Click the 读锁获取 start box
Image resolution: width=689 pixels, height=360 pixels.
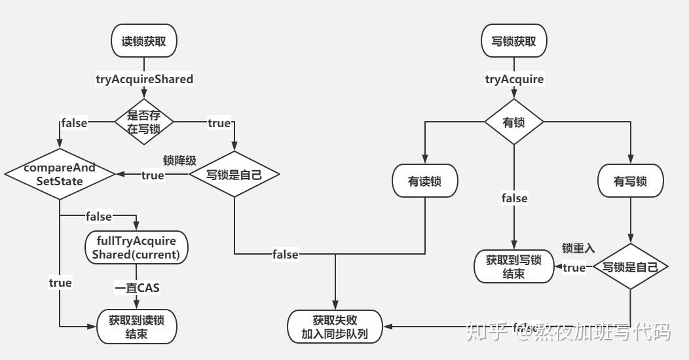click(x=143, y=41)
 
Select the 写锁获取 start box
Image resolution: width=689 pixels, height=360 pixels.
click(x=513, y=41)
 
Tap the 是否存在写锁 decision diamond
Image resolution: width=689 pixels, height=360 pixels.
click(x=143, y=122)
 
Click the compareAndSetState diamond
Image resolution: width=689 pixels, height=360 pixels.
click(x=60, y=174)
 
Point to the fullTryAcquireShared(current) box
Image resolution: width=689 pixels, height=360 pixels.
click(x=136, y=247)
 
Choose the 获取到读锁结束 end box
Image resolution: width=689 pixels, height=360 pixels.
click(x=136, y=327)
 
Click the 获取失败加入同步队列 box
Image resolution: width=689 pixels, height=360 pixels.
click(x=335, y=327)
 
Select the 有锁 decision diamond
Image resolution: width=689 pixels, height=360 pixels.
click(x=513, y=122)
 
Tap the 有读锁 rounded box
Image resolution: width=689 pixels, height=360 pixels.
click(x=424, y=181)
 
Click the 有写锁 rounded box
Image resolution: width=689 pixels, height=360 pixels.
click(x=630, y=181)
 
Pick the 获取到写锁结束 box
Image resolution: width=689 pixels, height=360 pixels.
click(x=513, y=266)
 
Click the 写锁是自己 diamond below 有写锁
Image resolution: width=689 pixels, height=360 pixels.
click(x=630, y=267)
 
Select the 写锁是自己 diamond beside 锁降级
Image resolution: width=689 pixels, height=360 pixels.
click(x=234, y=175)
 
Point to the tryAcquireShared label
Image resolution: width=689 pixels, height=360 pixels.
click(x=145, y=79)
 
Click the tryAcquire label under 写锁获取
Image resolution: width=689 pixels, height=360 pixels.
click(x=514, y=79)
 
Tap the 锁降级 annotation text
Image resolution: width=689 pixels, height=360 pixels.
click(x=179, y=160)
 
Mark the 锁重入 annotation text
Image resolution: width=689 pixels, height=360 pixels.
click(x=578, y=248)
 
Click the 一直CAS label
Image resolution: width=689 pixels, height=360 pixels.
click(x=137, y=287)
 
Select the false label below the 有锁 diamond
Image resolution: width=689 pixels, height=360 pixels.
click(x=514, y=198)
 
